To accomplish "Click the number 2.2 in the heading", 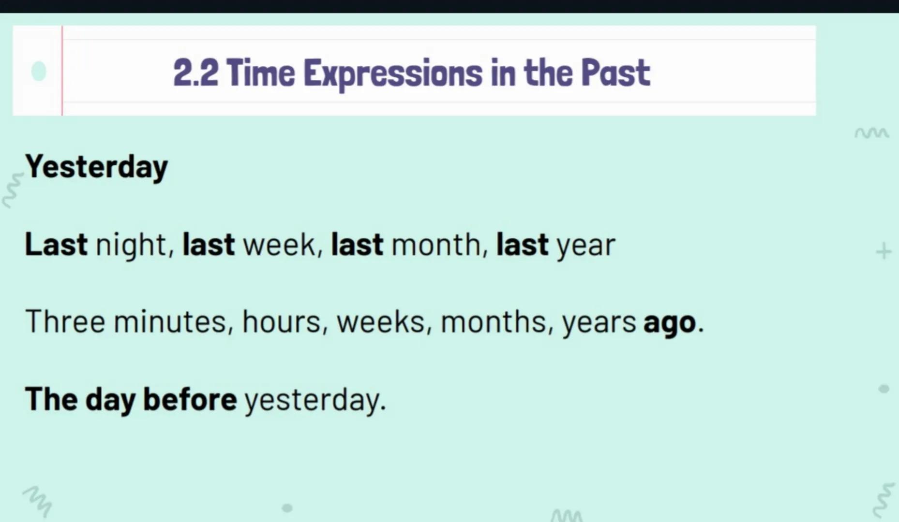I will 195,73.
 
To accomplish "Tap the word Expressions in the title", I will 392,74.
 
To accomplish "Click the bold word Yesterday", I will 96,167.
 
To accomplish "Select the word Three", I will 65,322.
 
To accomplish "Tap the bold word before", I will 190,400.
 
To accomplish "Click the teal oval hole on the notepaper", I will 39,72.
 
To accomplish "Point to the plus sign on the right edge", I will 884,251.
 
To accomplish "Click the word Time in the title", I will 260,73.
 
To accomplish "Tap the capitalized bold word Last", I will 56,245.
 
